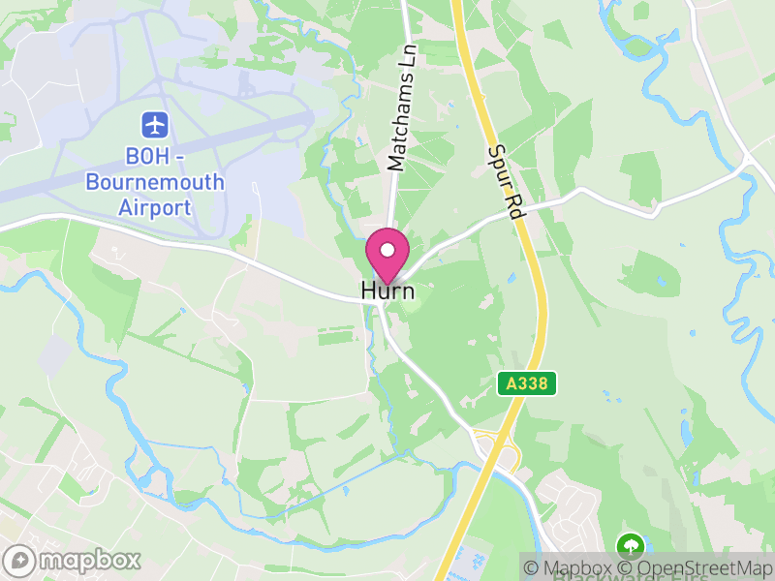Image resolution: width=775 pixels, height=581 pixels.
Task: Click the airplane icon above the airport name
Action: click(x=155, y=124)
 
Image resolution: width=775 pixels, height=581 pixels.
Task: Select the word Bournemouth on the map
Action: click(x=155, y=181)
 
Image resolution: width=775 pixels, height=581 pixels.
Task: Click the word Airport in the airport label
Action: click(x=155, y=206)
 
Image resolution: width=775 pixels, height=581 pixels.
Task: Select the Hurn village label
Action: click(x=387, y=290)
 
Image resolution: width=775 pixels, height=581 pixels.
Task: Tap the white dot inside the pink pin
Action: click(x=387, y=250)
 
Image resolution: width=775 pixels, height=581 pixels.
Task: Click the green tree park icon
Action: click(x=631, y=545)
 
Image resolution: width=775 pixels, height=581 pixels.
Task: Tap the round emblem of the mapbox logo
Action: click(x=20, y=561)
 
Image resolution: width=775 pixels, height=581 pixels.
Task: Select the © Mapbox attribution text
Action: click(x=577, y=568)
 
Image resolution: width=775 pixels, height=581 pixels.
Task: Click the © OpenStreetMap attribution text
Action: click(x=696, y=568)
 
